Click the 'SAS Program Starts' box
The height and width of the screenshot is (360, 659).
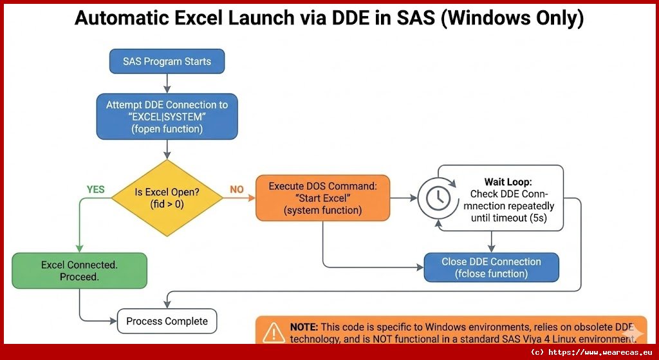click(167, 62)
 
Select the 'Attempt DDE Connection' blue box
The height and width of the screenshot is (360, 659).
click(167, 117)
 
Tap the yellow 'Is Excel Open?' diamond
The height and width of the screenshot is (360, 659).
click(167, 198)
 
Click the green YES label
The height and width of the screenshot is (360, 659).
click(95, 189)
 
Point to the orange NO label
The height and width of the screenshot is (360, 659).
click(237, 189)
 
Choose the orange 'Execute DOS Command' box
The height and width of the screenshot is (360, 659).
click(322, 198)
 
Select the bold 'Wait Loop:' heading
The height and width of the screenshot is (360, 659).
click(508, 182)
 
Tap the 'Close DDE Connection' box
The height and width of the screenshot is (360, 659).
click(491, 267)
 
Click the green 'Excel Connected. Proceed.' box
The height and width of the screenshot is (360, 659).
click(79, 270)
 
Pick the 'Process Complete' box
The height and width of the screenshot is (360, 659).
click(167, 321)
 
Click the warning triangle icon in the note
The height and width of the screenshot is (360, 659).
click(274, 332)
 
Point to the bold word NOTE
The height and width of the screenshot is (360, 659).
click(304, 327)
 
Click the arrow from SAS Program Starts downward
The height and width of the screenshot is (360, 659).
click(167, 83)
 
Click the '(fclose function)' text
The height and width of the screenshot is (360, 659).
click(491, 274)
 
